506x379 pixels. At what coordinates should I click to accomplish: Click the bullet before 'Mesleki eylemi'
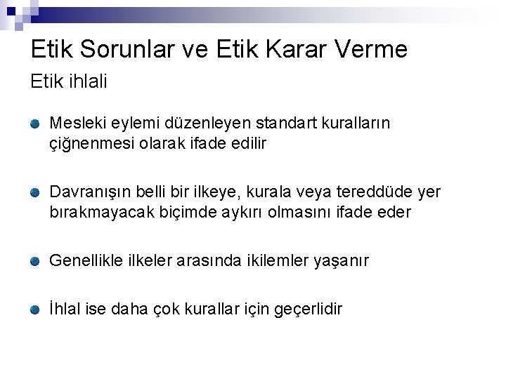pos(36,124)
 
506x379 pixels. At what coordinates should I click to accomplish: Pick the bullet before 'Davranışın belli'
pos(36,192)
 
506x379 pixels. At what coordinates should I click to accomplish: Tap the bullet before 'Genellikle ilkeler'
pos(36,261)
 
